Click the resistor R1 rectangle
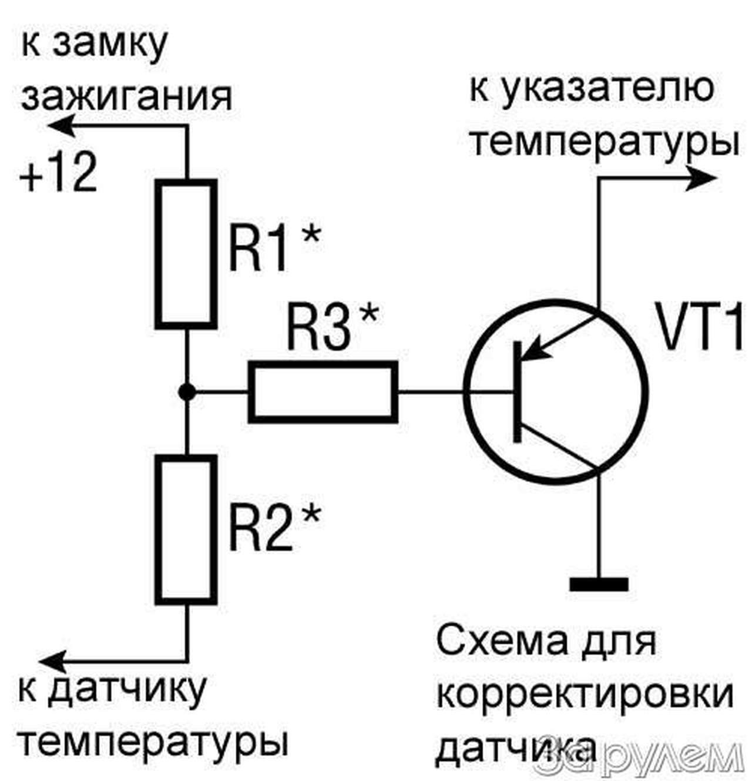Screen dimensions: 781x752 click(186, 253)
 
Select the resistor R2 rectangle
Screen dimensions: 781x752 click(186, 529)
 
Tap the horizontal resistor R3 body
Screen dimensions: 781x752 click(323, 392)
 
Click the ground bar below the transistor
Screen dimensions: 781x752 click(598, 584)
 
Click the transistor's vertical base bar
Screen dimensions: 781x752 click(517, 391)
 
